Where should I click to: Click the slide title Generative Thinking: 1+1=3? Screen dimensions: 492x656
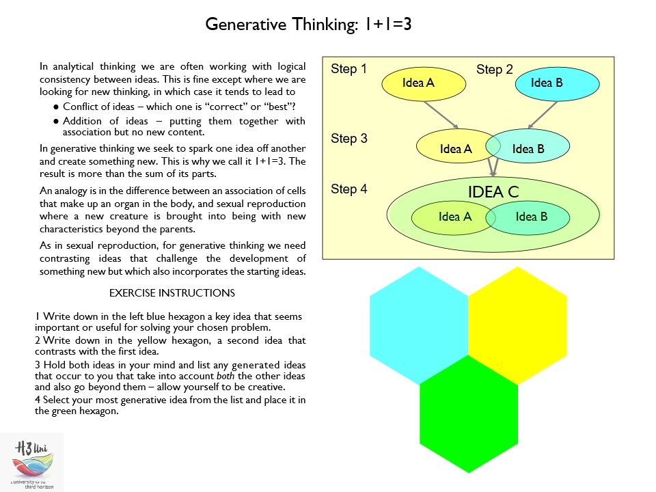(308, 25)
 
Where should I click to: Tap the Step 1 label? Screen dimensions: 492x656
(348, 69)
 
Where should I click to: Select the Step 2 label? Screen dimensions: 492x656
(494, 70)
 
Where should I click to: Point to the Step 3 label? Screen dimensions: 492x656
(348, 139)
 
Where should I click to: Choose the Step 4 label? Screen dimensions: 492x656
(348, 189)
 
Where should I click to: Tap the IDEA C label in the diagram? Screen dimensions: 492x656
(493, 192)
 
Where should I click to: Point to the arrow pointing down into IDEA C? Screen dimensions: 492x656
(493, 168)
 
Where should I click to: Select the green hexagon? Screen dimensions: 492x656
(469, 413)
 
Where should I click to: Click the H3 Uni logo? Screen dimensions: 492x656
(31, 462)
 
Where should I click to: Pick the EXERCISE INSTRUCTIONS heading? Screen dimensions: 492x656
(172, 293)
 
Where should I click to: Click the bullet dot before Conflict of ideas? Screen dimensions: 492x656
(55, 107)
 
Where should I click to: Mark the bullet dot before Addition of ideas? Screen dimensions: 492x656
(55, 122)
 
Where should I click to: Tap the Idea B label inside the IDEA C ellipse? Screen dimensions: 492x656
(531, 217)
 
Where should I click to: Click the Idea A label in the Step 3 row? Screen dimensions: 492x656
(456, 149)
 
